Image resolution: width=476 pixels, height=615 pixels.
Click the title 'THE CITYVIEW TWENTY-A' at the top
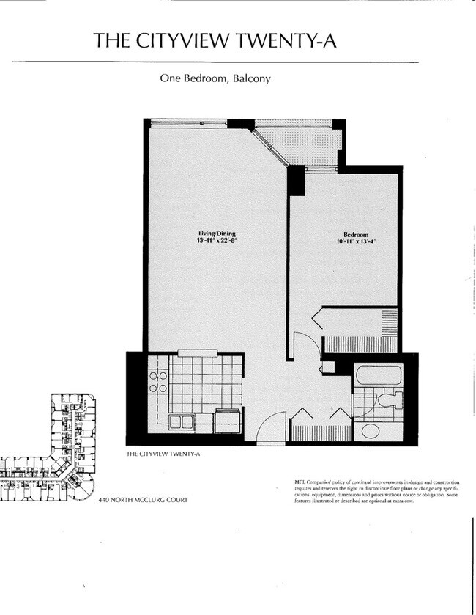(x=215, y=41)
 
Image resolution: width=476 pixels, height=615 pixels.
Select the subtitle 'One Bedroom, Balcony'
(x=215, y=78)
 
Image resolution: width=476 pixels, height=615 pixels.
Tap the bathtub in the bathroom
(x=378, y=377)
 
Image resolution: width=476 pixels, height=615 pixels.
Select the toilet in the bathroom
(x=390, y=400)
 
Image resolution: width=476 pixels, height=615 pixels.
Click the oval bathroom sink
(x=371, y=430)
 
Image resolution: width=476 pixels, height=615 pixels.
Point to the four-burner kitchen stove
(x=158, y=381)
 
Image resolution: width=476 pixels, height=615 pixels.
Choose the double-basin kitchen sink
(x=181, y=421)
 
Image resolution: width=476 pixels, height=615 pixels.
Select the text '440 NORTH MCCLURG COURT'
(x=143, y=500)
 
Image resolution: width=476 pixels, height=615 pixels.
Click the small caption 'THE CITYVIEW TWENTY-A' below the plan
(x=163, y=454)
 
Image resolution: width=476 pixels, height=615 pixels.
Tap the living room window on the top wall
(x=188, y=123)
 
